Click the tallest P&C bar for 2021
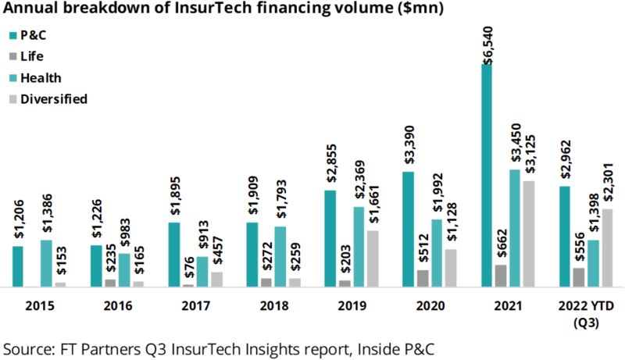(487, 176)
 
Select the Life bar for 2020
(423, 279)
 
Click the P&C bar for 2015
(18, 267)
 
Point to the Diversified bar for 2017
(216, 280)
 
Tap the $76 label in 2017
(188, 269)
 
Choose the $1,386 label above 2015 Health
(46, 216)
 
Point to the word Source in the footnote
(26, 346)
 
